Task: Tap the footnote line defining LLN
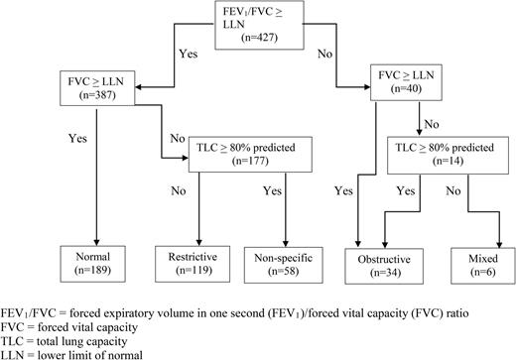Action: click(76, 353)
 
